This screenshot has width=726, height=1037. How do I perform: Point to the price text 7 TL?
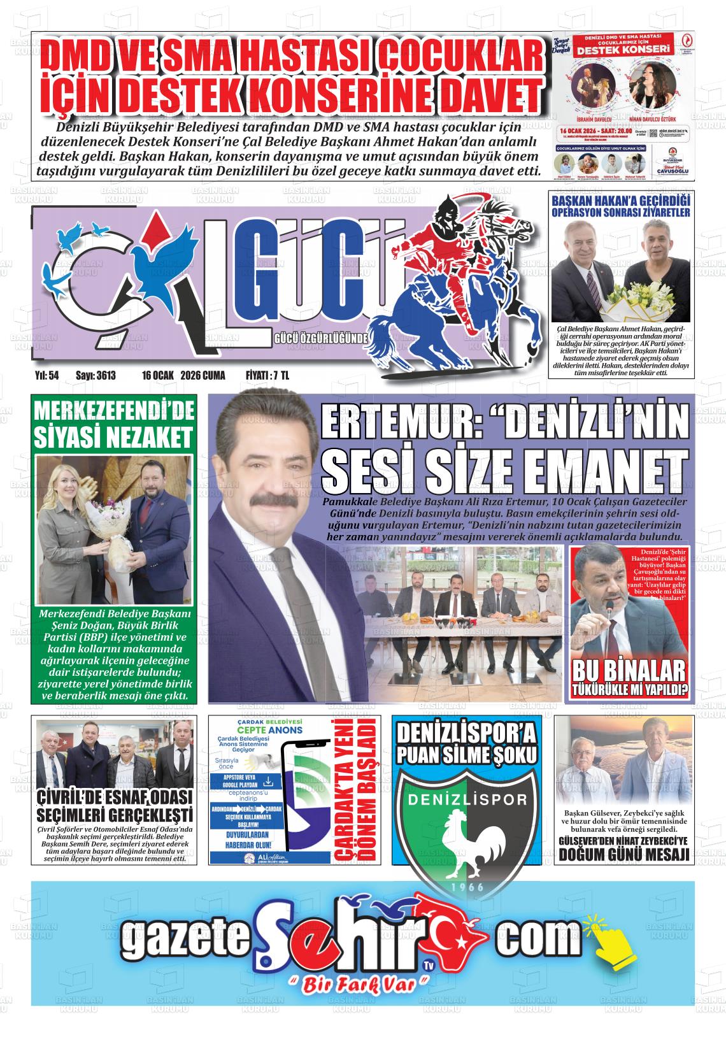tap(280, 376)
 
